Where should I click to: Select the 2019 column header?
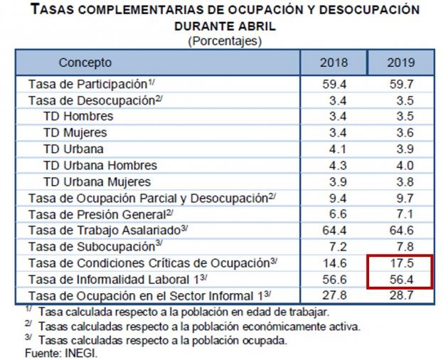[400, 63]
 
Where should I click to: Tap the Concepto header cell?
[85, 63]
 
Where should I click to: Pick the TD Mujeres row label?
[75, 133]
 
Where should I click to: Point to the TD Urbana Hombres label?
[100, 166]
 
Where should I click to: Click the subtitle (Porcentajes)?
[224, 41]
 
